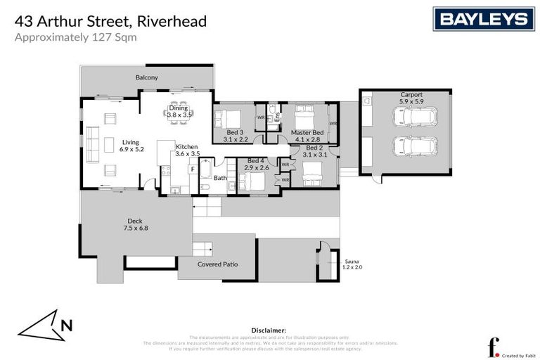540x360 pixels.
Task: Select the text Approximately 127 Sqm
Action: click(75, 38)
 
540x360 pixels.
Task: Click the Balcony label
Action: click(147, 77)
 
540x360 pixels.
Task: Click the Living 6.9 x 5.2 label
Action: click(131, 146)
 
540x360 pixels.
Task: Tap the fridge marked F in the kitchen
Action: click(192, 169)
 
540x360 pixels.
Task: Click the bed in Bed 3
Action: click(229, 117)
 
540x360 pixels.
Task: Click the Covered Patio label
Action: click(217, 264)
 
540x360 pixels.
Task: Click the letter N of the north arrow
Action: click(67, 325)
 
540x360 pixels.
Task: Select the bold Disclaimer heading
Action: click(269, 330)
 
